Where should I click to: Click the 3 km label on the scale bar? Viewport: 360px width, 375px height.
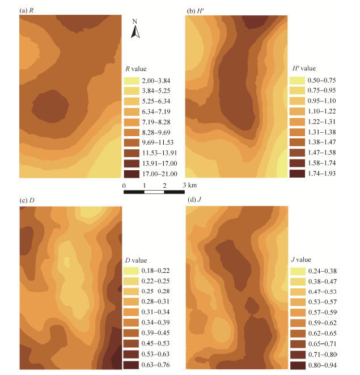pyautogui.click(x=190, y=186)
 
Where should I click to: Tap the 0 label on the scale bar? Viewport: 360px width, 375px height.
pyautogui.click(x=124, y=186)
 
